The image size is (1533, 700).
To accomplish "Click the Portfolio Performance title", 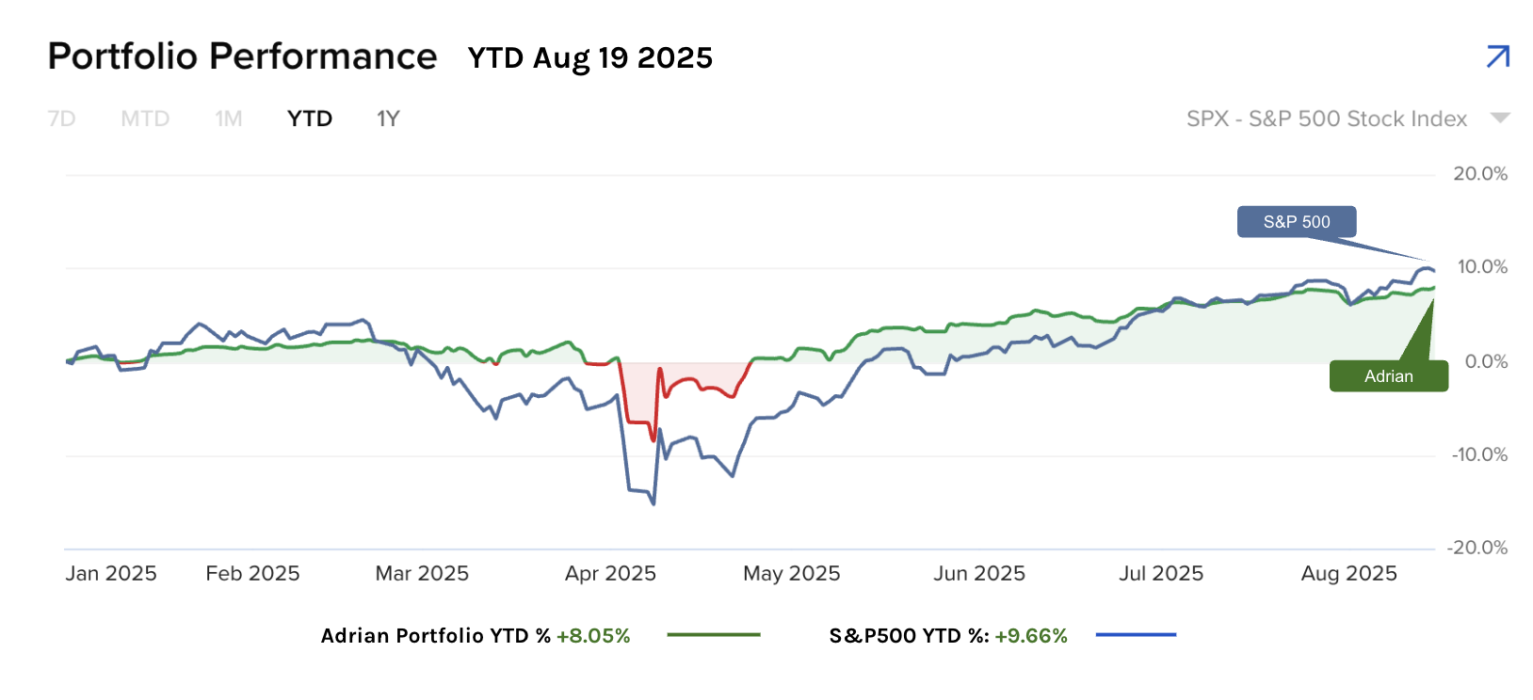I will click(x=242, y=56).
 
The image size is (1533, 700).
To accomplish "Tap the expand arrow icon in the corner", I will click(x=1497, y=56).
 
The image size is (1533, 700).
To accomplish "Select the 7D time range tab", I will click(x=61, y=119).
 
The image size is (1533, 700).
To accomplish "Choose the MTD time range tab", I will click(x=145, y=119).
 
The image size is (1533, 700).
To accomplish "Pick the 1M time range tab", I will click(x=228, y=119).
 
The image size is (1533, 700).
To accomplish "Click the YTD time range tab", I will click(x=310, y=119).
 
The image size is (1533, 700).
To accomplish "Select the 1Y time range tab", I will click(x=388, y=119).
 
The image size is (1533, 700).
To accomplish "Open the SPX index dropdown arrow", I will click(x=1500, y=119).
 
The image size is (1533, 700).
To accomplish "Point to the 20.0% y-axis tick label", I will click(x=1480, y=174).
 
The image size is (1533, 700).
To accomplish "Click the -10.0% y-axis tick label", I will click(x=1479, y=455).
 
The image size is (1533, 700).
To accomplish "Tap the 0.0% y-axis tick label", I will click(x=1486, y=362).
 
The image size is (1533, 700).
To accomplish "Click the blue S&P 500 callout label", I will click(x=1297, y=222).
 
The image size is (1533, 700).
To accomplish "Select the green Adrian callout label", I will click(x=1388, y=376).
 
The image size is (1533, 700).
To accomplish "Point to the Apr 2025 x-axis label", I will click(x=610, y=574).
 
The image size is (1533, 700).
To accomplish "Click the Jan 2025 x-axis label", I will click(x=111, y=574).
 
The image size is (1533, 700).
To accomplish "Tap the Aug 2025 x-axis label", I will click(x=1348, y=574).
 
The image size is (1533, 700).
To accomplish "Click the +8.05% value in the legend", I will click(x=593, y=636).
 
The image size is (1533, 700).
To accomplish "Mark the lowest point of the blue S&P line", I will click(x=654, y=503).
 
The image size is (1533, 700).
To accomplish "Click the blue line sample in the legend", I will click(x=1136, y=635).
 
